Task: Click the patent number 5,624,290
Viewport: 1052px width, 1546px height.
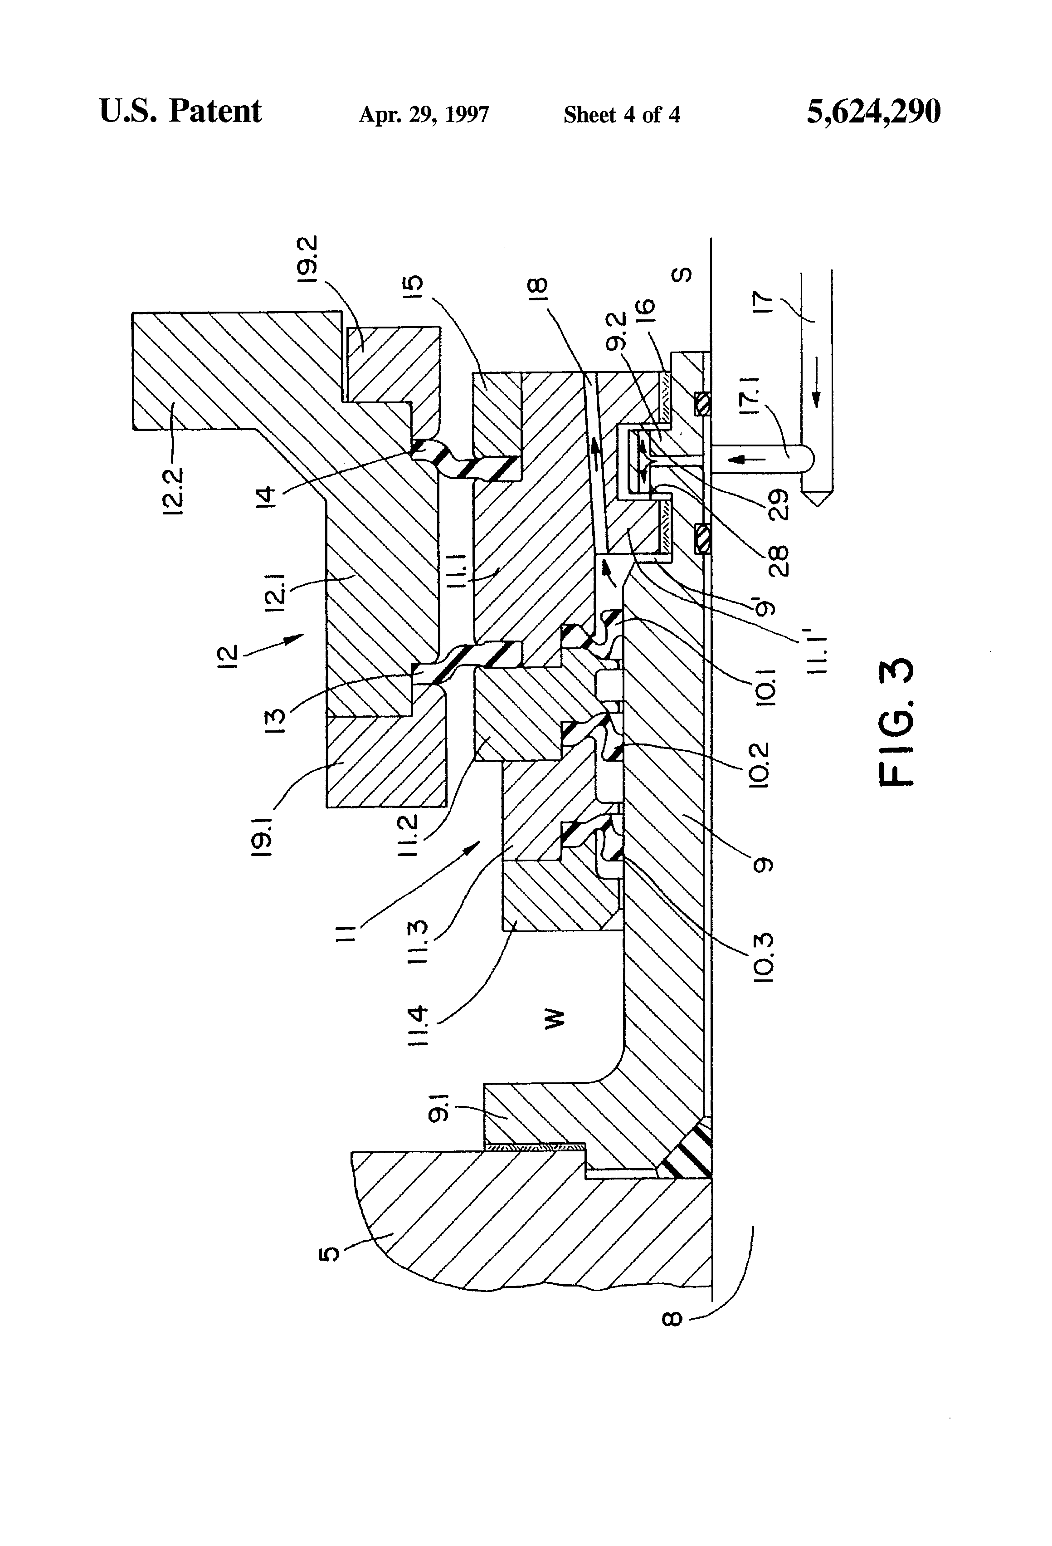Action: (873, 112)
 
